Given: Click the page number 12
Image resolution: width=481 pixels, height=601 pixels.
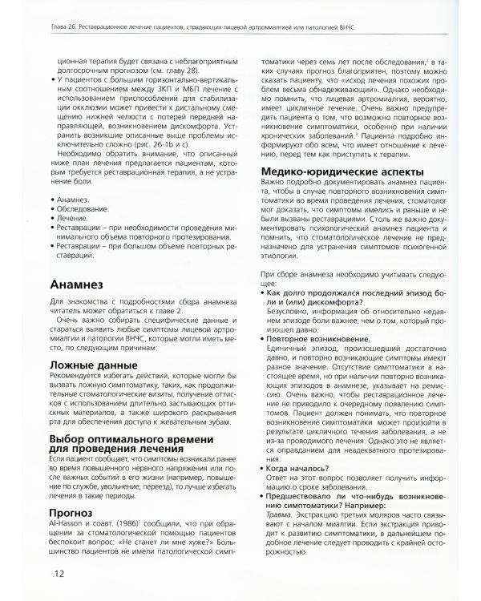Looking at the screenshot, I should pos(61,573).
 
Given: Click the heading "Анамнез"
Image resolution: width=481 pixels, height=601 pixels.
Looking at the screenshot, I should pos(86,285).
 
